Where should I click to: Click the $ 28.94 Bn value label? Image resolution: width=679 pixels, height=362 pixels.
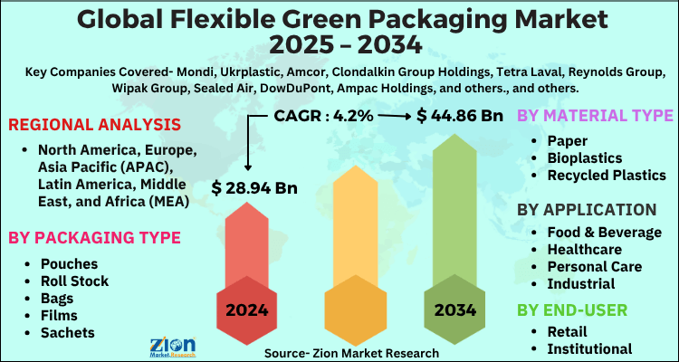[x=256, y=188]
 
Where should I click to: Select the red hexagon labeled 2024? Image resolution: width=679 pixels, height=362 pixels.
[x=247, y=310]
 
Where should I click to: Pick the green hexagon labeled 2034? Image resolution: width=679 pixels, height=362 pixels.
[x=455, y=310]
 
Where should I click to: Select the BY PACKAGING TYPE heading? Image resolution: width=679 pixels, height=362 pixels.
[x=93, y=238]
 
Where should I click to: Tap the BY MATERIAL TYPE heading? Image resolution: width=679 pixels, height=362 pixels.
[x=594, y=117]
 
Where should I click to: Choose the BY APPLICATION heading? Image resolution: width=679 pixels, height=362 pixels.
[x=587, y=210]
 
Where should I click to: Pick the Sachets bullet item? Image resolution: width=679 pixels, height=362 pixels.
[x=70, y=332]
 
